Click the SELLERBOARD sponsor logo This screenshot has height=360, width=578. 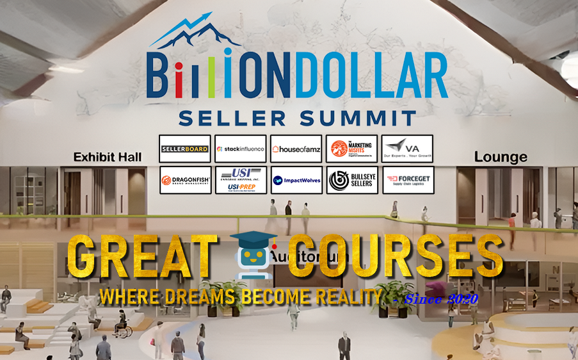click(x=184, y=149)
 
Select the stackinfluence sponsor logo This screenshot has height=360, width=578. click(x=240, y=149)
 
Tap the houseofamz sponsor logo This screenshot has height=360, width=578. click(x=296, y=149)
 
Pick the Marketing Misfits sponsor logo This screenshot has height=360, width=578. click(x=351, y=149)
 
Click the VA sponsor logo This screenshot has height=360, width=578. click(x=407, y=149)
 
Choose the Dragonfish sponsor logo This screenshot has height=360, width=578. click(x=184, y=180)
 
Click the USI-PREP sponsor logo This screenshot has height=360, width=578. click(x=240, y=180)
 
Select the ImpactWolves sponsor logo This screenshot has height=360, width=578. click(x=296, y=180)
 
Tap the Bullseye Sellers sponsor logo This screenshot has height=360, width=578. click(x=351, y=180)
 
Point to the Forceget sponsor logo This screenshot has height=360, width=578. click(x=407, y=180)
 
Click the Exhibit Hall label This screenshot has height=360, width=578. click(x=108, y=156)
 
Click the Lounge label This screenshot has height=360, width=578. click(x=501, y=157)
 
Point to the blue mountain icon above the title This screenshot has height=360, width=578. click(x=195, y=35)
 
